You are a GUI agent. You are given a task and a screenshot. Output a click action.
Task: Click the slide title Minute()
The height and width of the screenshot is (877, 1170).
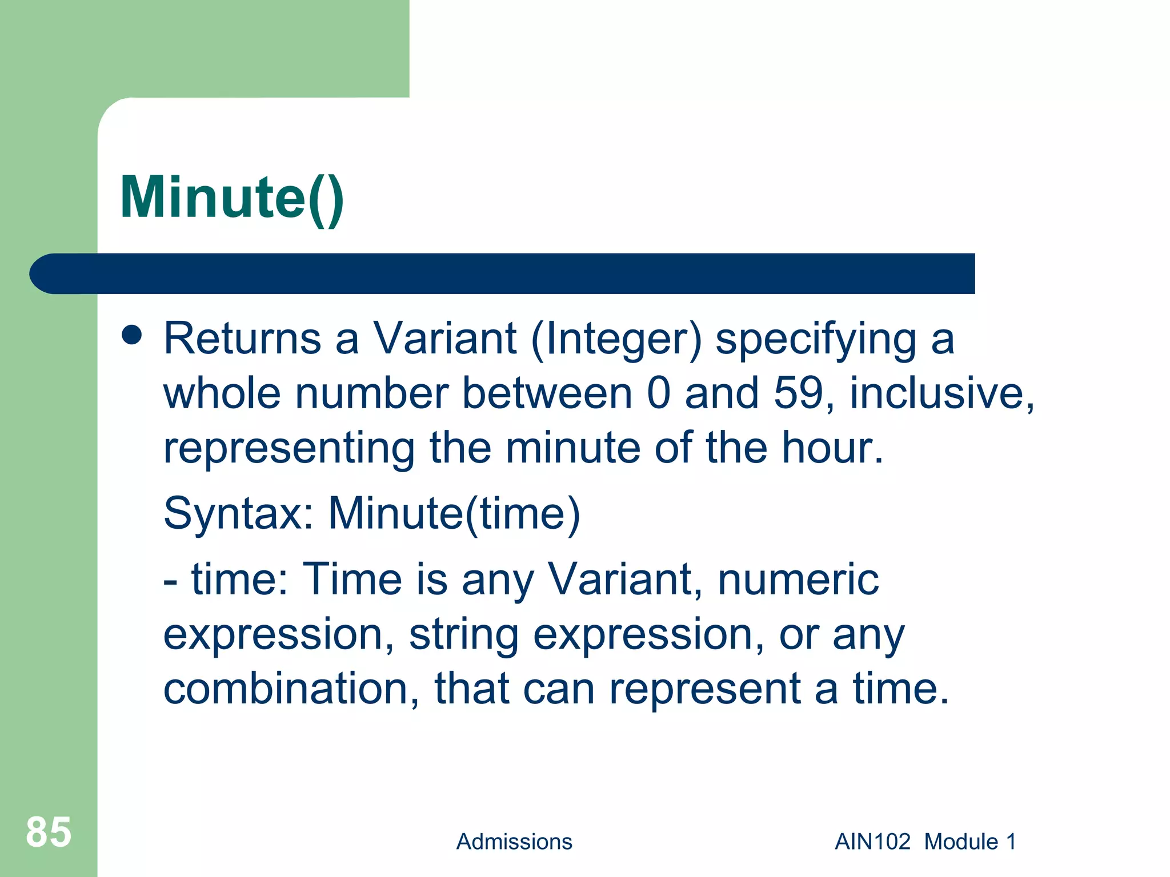tap(232, 198)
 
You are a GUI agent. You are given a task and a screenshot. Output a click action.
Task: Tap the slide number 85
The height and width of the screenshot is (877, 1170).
tap(49, 832)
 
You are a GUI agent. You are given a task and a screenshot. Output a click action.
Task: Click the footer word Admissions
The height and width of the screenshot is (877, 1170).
tap(514, 842)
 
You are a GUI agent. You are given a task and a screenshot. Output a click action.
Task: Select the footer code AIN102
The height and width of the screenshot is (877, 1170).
tap(872, 842)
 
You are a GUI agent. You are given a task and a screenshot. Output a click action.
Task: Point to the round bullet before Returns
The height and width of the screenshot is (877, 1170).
tap(132, 336)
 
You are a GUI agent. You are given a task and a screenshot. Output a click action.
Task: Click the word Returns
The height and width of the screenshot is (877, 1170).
tap(242, 339)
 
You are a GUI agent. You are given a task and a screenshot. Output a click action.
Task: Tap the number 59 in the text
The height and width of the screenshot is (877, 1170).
tap(798, 393)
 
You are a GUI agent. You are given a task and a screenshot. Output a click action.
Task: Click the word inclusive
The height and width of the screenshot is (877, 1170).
tap(941, 393)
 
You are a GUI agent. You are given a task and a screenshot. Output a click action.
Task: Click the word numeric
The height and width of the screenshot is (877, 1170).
tap(798, 580)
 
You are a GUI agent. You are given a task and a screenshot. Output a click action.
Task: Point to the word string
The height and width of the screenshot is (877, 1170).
tap(463, 635)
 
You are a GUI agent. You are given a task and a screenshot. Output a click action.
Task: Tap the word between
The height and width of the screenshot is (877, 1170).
tap(547, 393)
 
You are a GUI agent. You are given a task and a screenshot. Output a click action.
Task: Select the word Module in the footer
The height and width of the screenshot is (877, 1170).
tap(961, 842)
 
